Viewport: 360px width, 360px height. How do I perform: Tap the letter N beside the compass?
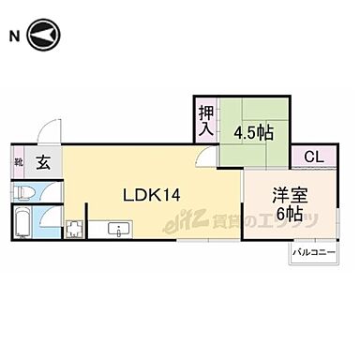14,37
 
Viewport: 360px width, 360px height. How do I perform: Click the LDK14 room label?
153,194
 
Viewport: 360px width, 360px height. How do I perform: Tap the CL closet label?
312,157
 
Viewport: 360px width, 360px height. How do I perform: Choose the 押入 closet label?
205,119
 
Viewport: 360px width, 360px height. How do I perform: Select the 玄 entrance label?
43,160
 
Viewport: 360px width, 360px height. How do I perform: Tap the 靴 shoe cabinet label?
19,160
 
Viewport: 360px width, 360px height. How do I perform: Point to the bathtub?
22,225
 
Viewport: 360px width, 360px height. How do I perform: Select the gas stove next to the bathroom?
72,230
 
